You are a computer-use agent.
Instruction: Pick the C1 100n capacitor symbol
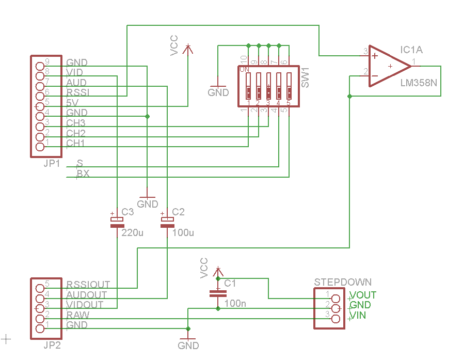[218, 294]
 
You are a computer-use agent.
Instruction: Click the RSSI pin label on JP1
[77, 92]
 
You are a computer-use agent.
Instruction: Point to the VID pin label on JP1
[75, 72]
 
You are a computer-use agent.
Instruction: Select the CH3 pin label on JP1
[76, 123]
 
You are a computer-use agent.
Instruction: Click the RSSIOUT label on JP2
[88, 285]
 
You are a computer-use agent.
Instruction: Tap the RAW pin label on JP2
[77, 315]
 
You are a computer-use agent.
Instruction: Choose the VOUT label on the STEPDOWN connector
[363, 295]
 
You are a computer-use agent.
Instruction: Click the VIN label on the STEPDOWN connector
[358, 315]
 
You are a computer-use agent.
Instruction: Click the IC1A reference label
[411, 50]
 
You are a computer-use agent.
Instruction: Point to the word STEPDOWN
[343, 282]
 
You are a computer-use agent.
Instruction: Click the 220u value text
[132, 233]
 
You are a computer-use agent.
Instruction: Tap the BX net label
[83, 174]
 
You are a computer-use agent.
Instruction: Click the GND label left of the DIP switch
[218, 92]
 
